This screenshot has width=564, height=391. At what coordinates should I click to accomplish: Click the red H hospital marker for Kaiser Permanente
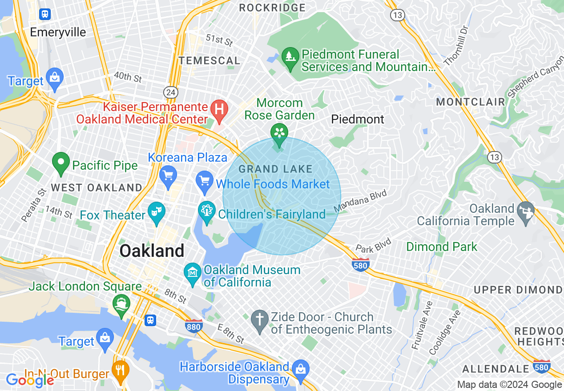tap(219, 108)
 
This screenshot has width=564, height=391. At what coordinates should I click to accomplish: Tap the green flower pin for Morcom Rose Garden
tap(279, 133)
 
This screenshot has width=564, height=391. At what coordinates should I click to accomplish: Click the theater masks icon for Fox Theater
tap(157, 210)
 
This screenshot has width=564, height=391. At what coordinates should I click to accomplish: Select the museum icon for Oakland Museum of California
tap(193, 271)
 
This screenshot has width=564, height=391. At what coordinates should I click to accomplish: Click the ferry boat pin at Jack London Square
tap(121, 304)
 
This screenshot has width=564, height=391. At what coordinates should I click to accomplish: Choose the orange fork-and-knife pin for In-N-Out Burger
tap(120, 368)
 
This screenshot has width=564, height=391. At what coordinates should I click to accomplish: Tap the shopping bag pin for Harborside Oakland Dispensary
tap(301, 368)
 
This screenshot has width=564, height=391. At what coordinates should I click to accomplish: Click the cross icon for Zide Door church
tap(260, 319)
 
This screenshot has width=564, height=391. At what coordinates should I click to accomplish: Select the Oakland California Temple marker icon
tap(526, 214)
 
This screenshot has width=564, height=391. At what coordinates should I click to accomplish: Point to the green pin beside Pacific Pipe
tap(61, 162)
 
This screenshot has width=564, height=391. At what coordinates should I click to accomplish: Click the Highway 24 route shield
tap(170, 92)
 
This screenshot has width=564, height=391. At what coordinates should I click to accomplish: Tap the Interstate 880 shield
tap(194, 326)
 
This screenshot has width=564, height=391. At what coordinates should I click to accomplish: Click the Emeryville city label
tap(58, 32)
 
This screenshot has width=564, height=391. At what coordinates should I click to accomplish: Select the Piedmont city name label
tap(357, 119)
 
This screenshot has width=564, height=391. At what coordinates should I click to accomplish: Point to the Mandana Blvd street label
tap(361, 201)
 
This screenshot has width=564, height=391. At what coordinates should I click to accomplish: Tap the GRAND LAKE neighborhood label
tap(275, 169)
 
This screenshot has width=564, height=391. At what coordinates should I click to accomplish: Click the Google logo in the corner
tap(30, 380)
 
